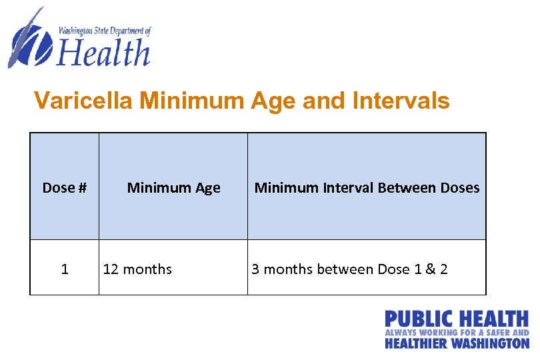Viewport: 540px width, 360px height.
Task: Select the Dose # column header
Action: (65, 188)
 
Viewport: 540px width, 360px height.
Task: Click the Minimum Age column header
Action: (173, 188)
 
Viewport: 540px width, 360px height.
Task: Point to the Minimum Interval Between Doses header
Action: (367, 188)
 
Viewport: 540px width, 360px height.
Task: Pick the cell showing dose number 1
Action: (65, 269)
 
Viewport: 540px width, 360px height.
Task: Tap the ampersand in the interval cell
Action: (429, 269)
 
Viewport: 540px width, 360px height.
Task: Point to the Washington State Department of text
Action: (105, 31)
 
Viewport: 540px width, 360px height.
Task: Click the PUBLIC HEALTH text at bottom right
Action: (457, 319)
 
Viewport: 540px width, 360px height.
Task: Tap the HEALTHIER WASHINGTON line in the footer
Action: (457, 343)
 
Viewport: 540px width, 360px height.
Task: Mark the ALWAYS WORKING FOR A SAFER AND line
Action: (457, 332)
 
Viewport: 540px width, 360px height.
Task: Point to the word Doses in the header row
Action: (460, 188)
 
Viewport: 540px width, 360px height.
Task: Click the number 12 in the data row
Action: (111, 269)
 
